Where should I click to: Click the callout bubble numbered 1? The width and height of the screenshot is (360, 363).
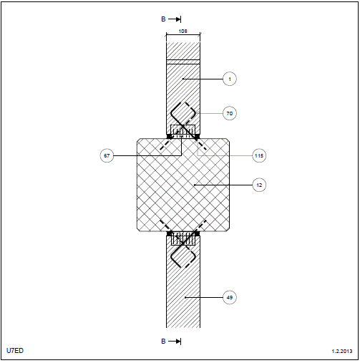tap(230, 79)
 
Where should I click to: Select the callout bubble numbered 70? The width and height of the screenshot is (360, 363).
tap(230, 113)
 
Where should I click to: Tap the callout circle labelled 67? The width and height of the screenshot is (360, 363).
tap(107, 155)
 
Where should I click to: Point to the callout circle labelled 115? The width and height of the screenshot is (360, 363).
tap(259, 155)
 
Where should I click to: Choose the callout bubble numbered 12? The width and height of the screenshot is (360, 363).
tap(259, 185)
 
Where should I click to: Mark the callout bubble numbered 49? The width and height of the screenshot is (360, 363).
tap(230, 297)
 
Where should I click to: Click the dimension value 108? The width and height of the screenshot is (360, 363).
tap(183, 31)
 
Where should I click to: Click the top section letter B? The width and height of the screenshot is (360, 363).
tap(163, 19)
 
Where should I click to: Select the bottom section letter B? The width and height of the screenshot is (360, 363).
tap(163, 342)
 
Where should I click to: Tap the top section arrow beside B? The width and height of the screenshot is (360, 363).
tap(175, 19)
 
